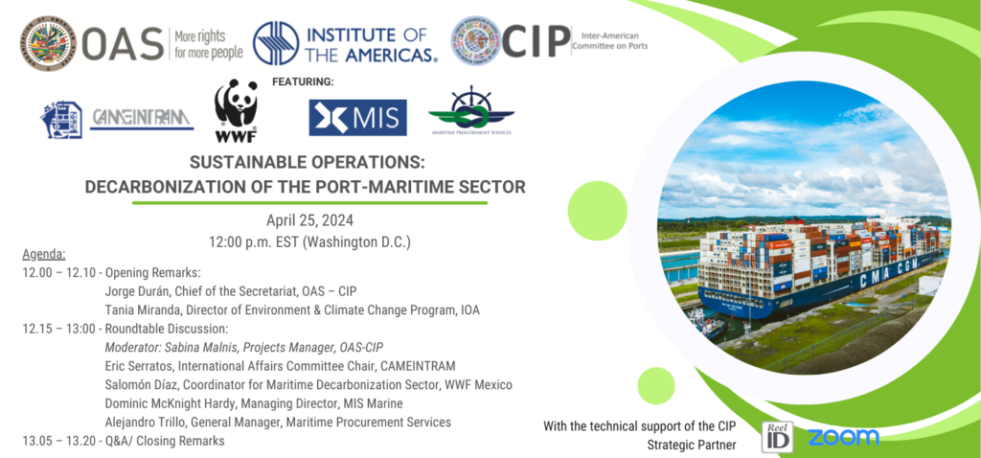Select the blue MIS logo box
click(x=357, y=118)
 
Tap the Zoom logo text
click(x=842, y=437)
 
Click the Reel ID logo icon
click(x=776, y=436)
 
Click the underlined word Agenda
click(x=43, y=255)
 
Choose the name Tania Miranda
click(x=150, y=309)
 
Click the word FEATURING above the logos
click(x=303, y=81)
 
